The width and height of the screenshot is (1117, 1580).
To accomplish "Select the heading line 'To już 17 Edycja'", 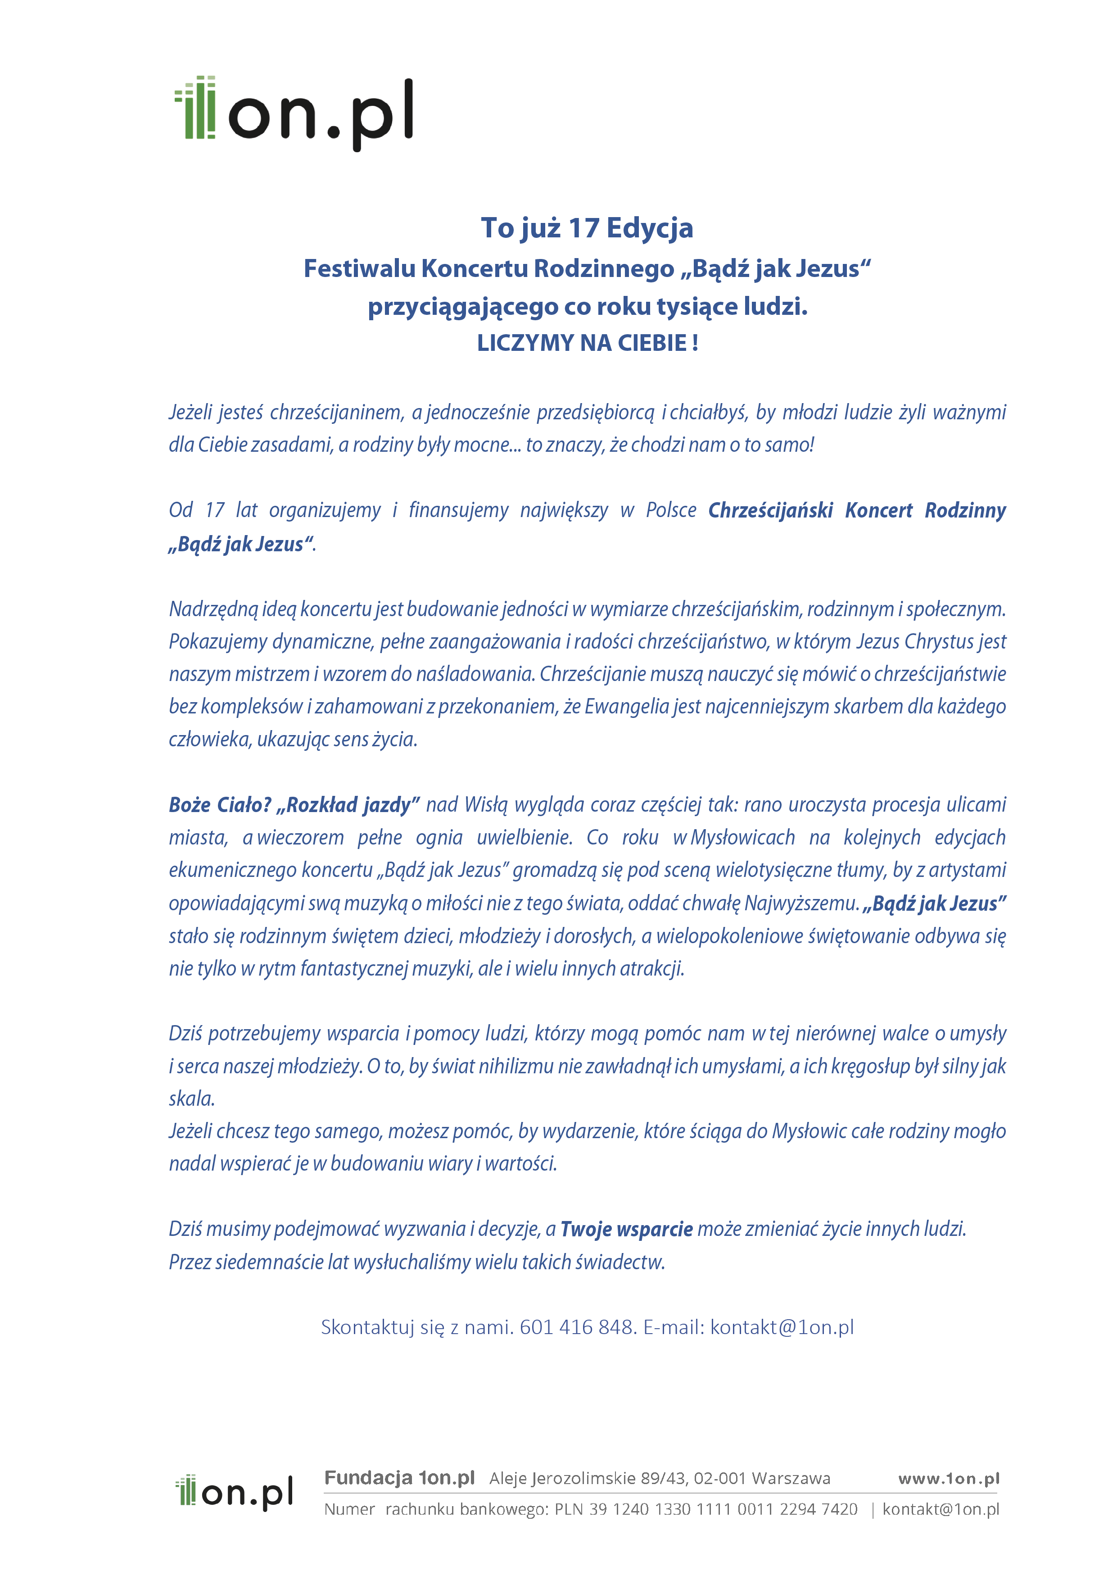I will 587,228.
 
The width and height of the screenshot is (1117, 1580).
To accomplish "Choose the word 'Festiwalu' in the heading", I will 359,268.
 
